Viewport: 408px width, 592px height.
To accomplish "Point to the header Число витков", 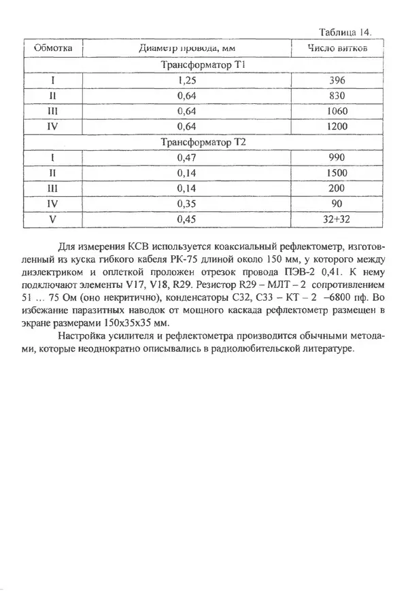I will click(337, 49).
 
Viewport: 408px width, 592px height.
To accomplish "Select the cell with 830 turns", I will click(337, 96).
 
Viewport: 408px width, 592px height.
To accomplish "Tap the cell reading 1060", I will click(337, 111).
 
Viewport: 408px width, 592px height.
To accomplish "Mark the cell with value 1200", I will click(337, 127).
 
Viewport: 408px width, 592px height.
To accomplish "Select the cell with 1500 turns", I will click(337, 173).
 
